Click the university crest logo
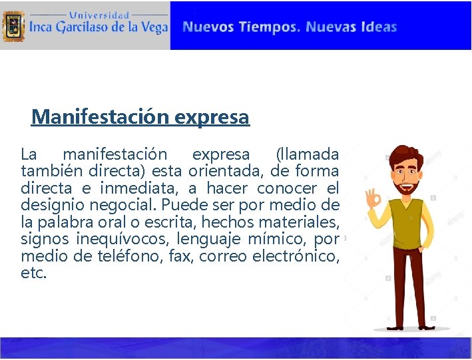pos(13,26)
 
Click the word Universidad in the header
pos(100,14)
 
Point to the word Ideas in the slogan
pos(378,27)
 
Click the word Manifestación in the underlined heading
pos(101,117)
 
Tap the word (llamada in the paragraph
pos(307,155)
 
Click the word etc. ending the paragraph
pos(34,273)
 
